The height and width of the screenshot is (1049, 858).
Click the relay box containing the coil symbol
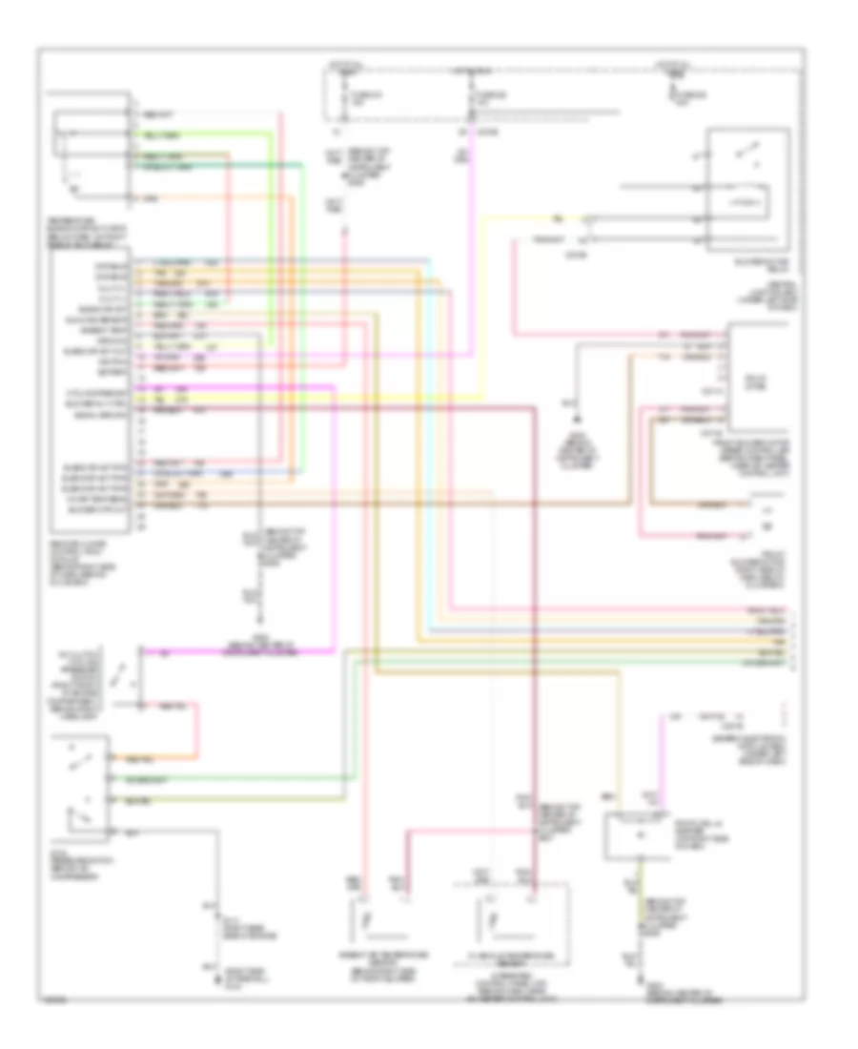(746, 188)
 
